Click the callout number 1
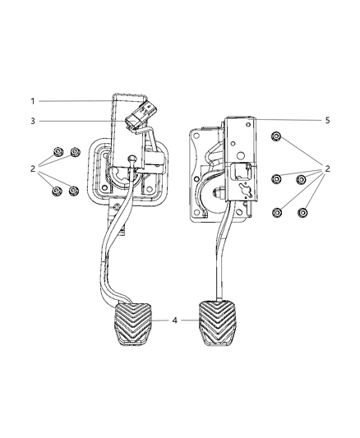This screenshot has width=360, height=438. click(34, 101)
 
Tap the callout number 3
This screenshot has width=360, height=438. click(34, 122)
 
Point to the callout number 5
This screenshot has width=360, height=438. click(327, 120)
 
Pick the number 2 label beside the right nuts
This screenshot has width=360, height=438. click(327, 169)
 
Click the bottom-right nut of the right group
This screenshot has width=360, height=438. click(301, 212)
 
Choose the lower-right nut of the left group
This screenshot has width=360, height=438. click(74, 192)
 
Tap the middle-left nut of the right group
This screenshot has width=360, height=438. click(278, 178)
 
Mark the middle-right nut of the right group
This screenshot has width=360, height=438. click(301, 178)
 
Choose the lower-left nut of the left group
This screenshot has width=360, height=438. click(57, 191)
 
